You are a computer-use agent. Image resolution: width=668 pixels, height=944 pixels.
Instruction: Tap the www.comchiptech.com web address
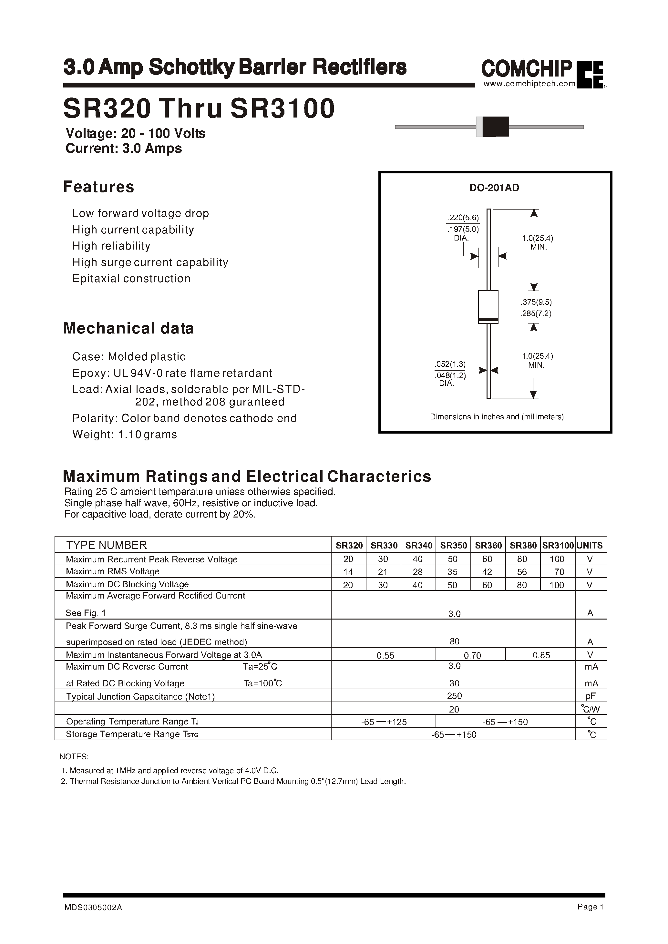[529, 84]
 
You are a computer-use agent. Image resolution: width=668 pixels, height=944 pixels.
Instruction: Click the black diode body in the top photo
[495, 126]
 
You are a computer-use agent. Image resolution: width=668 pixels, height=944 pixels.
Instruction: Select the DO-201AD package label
[494, 188]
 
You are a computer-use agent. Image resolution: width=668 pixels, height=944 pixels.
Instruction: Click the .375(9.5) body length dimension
[536, 302]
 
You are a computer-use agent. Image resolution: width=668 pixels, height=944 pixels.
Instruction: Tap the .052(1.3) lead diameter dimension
[450, 364]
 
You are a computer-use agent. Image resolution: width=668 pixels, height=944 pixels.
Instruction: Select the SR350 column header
[453, 545]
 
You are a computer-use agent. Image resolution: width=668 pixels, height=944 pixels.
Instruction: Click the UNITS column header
[590, 545]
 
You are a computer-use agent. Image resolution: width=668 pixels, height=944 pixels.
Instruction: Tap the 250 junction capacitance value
[454, 696]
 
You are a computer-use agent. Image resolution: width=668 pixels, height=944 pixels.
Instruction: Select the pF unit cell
[591, 696]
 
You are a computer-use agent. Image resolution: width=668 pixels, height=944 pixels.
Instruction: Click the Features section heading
[99, 187]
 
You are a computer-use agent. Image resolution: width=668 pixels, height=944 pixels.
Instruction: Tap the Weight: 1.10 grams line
[125, 434]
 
